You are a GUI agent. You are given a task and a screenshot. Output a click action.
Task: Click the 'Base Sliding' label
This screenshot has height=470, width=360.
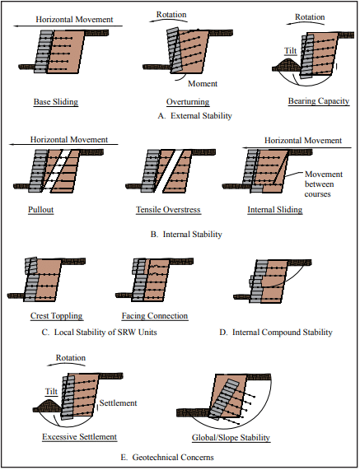[x=56, y=102]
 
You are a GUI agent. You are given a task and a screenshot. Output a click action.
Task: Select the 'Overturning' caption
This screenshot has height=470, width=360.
[x=188, y=102]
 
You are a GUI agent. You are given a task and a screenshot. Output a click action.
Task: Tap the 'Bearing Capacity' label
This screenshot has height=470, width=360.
[x=319, y=101]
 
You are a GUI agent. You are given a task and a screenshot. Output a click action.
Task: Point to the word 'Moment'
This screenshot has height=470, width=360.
[x=203, y=84]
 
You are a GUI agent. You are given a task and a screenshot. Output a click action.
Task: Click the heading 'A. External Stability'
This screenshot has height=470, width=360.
[x=195, y=116]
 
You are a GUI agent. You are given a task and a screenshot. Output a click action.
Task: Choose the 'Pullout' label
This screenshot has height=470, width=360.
[x=41, y=210]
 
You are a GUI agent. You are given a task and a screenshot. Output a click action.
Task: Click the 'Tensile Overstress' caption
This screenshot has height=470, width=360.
[x=168, y=210]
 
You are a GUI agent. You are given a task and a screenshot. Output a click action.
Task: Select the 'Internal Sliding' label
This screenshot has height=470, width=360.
[x=275, y=210]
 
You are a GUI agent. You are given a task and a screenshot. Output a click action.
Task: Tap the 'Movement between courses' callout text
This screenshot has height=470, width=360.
[x=324, y=184]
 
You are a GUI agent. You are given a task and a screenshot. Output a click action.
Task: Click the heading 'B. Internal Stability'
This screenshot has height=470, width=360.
[x=186, y=234]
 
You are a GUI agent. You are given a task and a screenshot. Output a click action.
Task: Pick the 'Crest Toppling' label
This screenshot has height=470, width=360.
[x=56, y=316]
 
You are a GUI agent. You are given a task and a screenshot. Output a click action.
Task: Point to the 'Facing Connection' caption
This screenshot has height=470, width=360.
[x=155, y=316]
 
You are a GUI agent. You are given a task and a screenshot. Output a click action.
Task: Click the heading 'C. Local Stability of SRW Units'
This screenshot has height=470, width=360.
[x=100, y=332]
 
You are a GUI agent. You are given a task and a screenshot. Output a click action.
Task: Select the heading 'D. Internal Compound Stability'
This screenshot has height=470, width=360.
[x=276, y=332]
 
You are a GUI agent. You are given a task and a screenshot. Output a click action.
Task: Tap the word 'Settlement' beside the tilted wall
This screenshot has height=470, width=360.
[x=118, y=403]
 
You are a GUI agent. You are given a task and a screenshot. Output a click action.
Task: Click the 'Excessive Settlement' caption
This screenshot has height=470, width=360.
[x=80, y=437]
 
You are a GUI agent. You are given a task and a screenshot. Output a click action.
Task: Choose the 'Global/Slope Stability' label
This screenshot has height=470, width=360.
[x=231, y=438]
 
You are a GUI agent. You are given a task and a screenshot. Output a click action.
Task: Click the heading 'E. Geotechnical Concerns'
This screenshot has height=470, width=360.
[x=167, y=458]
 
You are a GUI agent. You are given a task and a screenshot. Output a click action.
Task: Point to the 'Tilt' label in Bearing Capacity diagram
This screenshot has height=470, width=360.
[x=291, y=51]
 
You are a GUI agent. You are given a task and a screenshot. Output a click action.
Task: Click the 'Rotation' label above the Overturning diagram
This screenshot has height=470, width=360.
[x=171, y=14]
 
